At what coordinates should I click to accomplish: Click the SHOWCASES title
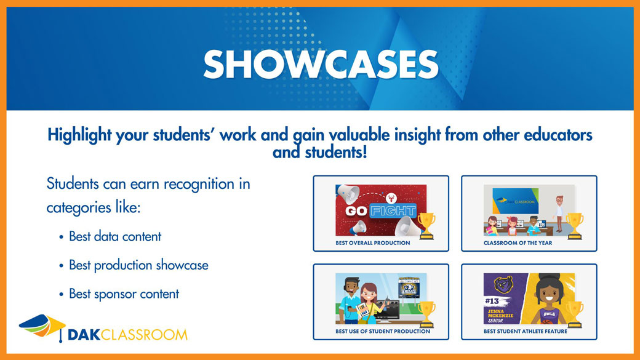(x=321, y=64)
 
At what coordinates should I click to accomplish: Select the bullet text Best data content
(x=115, y=236)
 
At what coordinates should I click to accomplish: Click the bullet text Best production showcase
(x=138, y=265)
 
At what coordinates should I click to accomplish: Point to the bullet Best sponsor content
(x=124, y=294)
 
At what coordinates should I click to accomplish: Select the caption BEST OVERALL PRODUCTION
(x=373, y=243)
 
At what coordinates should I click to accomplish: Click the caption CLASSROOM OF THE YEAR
(x=518, y=243)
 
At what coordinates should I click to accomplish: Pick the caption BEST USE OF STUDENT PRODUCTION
(x=383, y=332)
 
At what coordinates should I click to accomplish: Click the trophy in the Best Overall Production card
(x=426, y=225)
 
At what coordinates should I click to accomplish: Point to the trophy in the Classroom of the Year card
(x=574, y=225)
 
